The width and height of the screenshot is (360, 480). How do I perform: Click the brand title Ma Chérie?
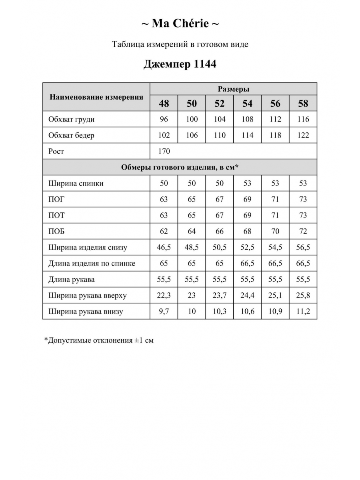click(180, 24)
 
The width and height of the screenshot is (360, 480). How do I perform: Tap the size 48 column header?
click(164, 104)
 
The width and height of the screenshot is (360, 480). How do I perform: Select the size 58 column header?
click(303, 104)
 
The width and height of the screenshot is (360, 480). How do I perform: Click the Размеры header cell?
click(234, 89)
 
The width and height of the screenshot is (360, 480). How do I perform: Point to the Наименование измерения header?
click(96, 97)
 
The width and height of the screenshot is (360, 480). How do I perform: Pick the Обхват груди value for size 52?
click(220, 119)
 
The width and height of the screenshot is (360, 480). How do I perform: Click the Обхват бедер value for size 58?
click(303, 135)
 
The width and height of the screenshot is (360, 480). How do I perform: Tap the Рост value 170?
click(164, 151)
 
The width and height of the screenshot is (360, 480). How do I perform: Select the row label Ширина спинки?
click(76, 183)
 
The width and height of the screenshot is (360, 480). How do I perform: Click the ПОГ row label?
click(56, 199)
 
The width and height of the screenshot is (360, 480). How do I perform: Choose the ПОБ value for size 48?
click(164, 231)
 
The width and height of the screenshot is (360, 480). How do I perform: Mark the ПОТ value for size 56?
click(275, 215)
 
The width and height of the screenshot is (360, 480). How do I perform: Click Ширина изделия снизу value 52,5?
click(248, 247)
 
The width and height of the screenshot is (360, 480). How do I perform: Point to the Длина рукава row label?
click(71, 279)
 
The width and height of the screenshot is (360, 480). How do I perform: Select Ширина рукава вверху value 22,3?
click(164, 295)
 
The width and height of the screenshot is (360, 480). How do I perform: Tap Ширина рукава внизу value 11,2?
click(303, 311)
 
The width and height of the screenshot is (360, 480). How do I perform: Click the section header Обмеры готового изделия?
click(180, 167)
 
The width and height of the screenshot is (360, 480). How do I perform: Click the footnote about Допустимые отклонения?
click(99, 340)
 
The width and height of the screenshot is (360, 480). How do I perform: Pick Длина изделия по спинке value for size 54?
click(248, 263)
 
